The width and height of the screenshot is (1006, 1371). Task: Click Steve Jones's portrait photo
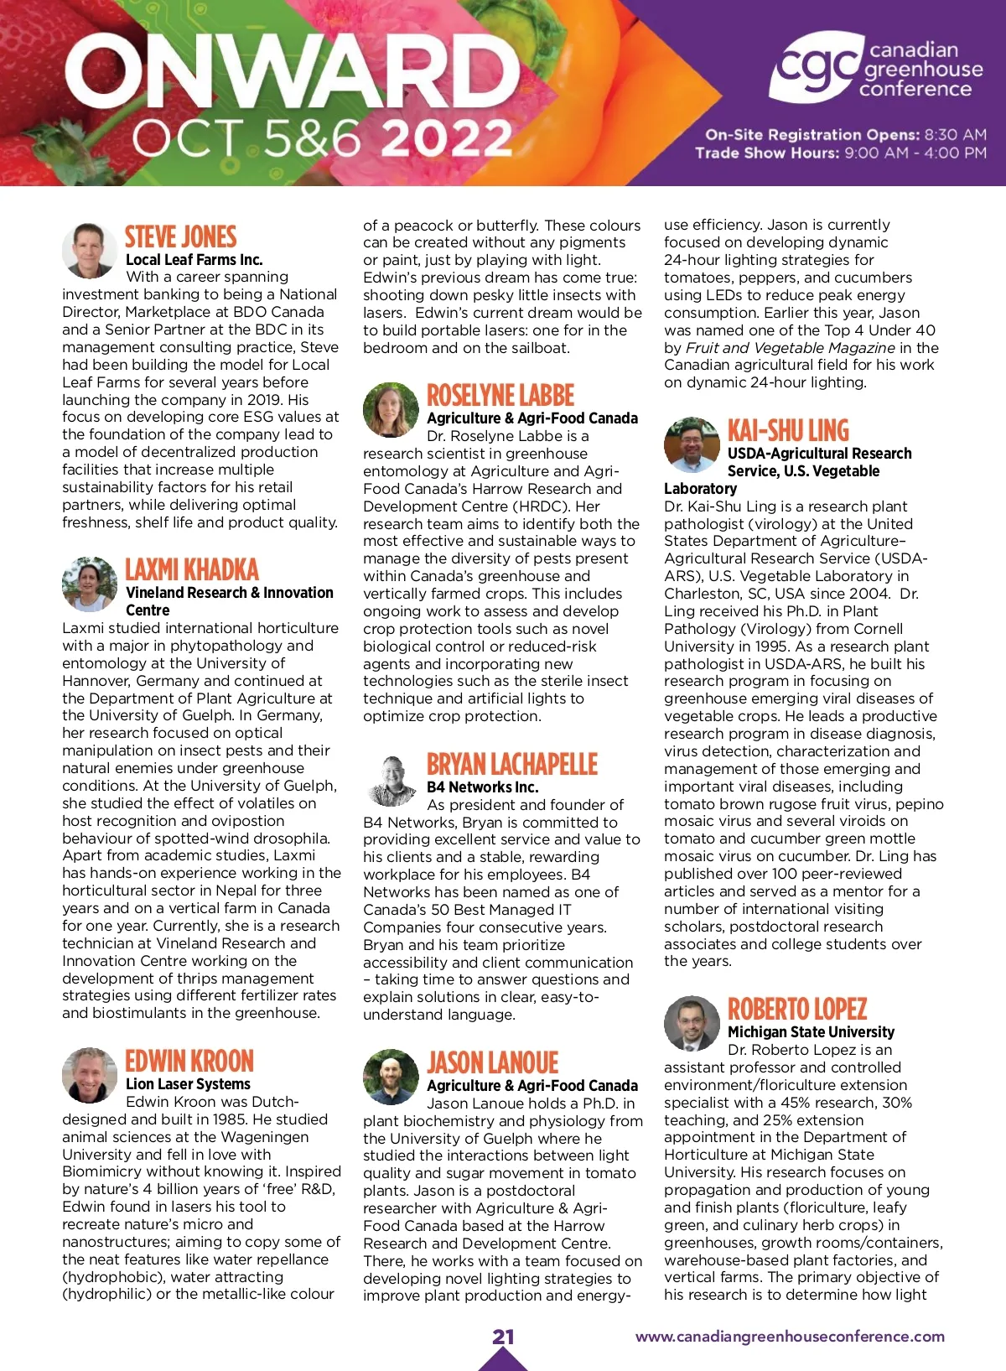[89, 250]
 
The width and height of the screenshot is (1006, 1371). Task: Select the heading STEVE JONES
[180, 236]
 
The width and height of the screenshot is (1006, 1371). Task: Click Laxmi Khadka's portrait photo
[89, 584]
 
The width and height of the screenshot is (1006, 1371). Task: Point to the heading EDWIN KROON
[189, 1061]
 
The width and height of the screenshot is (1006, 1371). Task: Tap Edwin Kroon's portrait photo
[89, 1074]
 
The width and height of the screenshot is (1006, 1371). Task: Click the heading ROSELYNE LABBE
[500, 395]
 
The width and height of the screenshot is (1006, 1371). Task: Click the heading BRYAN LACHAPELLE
[511, 764]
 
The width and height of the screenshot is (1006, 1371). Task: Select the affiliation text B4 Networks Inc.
[482, 787]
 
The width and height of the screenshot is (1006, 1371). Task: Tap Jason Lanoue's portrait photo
[390, 1076]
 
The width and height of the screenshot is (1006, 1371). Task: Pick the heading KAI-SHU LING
[788, 430]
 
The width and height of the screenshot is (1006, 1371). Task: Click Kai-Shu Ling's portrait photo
[691, 444]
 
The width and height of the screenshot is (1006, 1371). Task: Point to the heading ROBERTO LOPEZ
[796, 1009]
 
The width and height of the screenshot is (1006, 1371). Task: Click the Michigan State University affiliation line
[811, 1031]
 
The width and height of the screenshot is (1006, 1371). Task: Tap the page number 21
[503, 1336]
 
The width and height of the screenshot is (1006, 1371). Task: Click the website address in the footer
[790, 1337]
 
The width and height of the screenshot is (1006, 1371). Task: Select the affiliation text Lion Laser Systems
[188, 1083]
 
